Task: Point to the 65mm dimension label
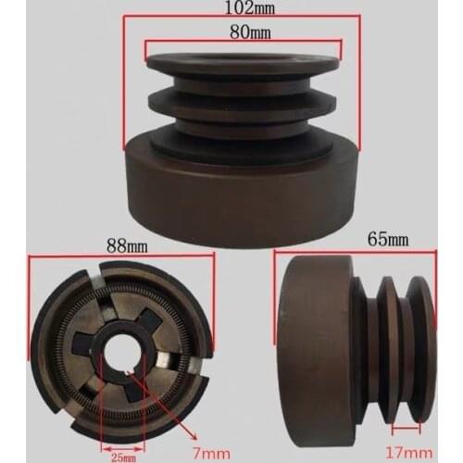[x=365, y=240]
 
